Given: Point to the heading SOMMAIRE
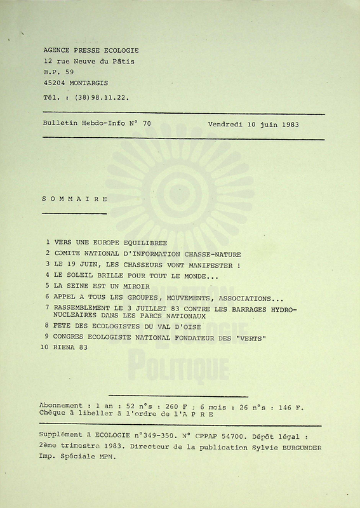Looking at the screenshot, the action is [74, 199].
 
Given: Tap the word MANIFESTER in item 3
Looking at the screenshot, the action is [208, 265].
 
